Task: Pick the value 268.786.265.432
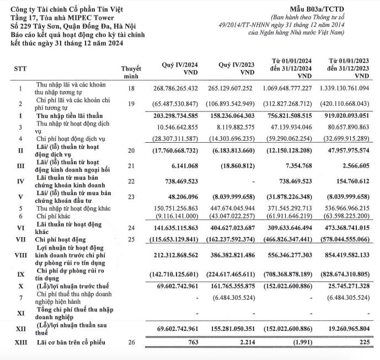tap(180, 88)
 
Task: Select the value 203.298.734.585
tap(180, 116)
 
